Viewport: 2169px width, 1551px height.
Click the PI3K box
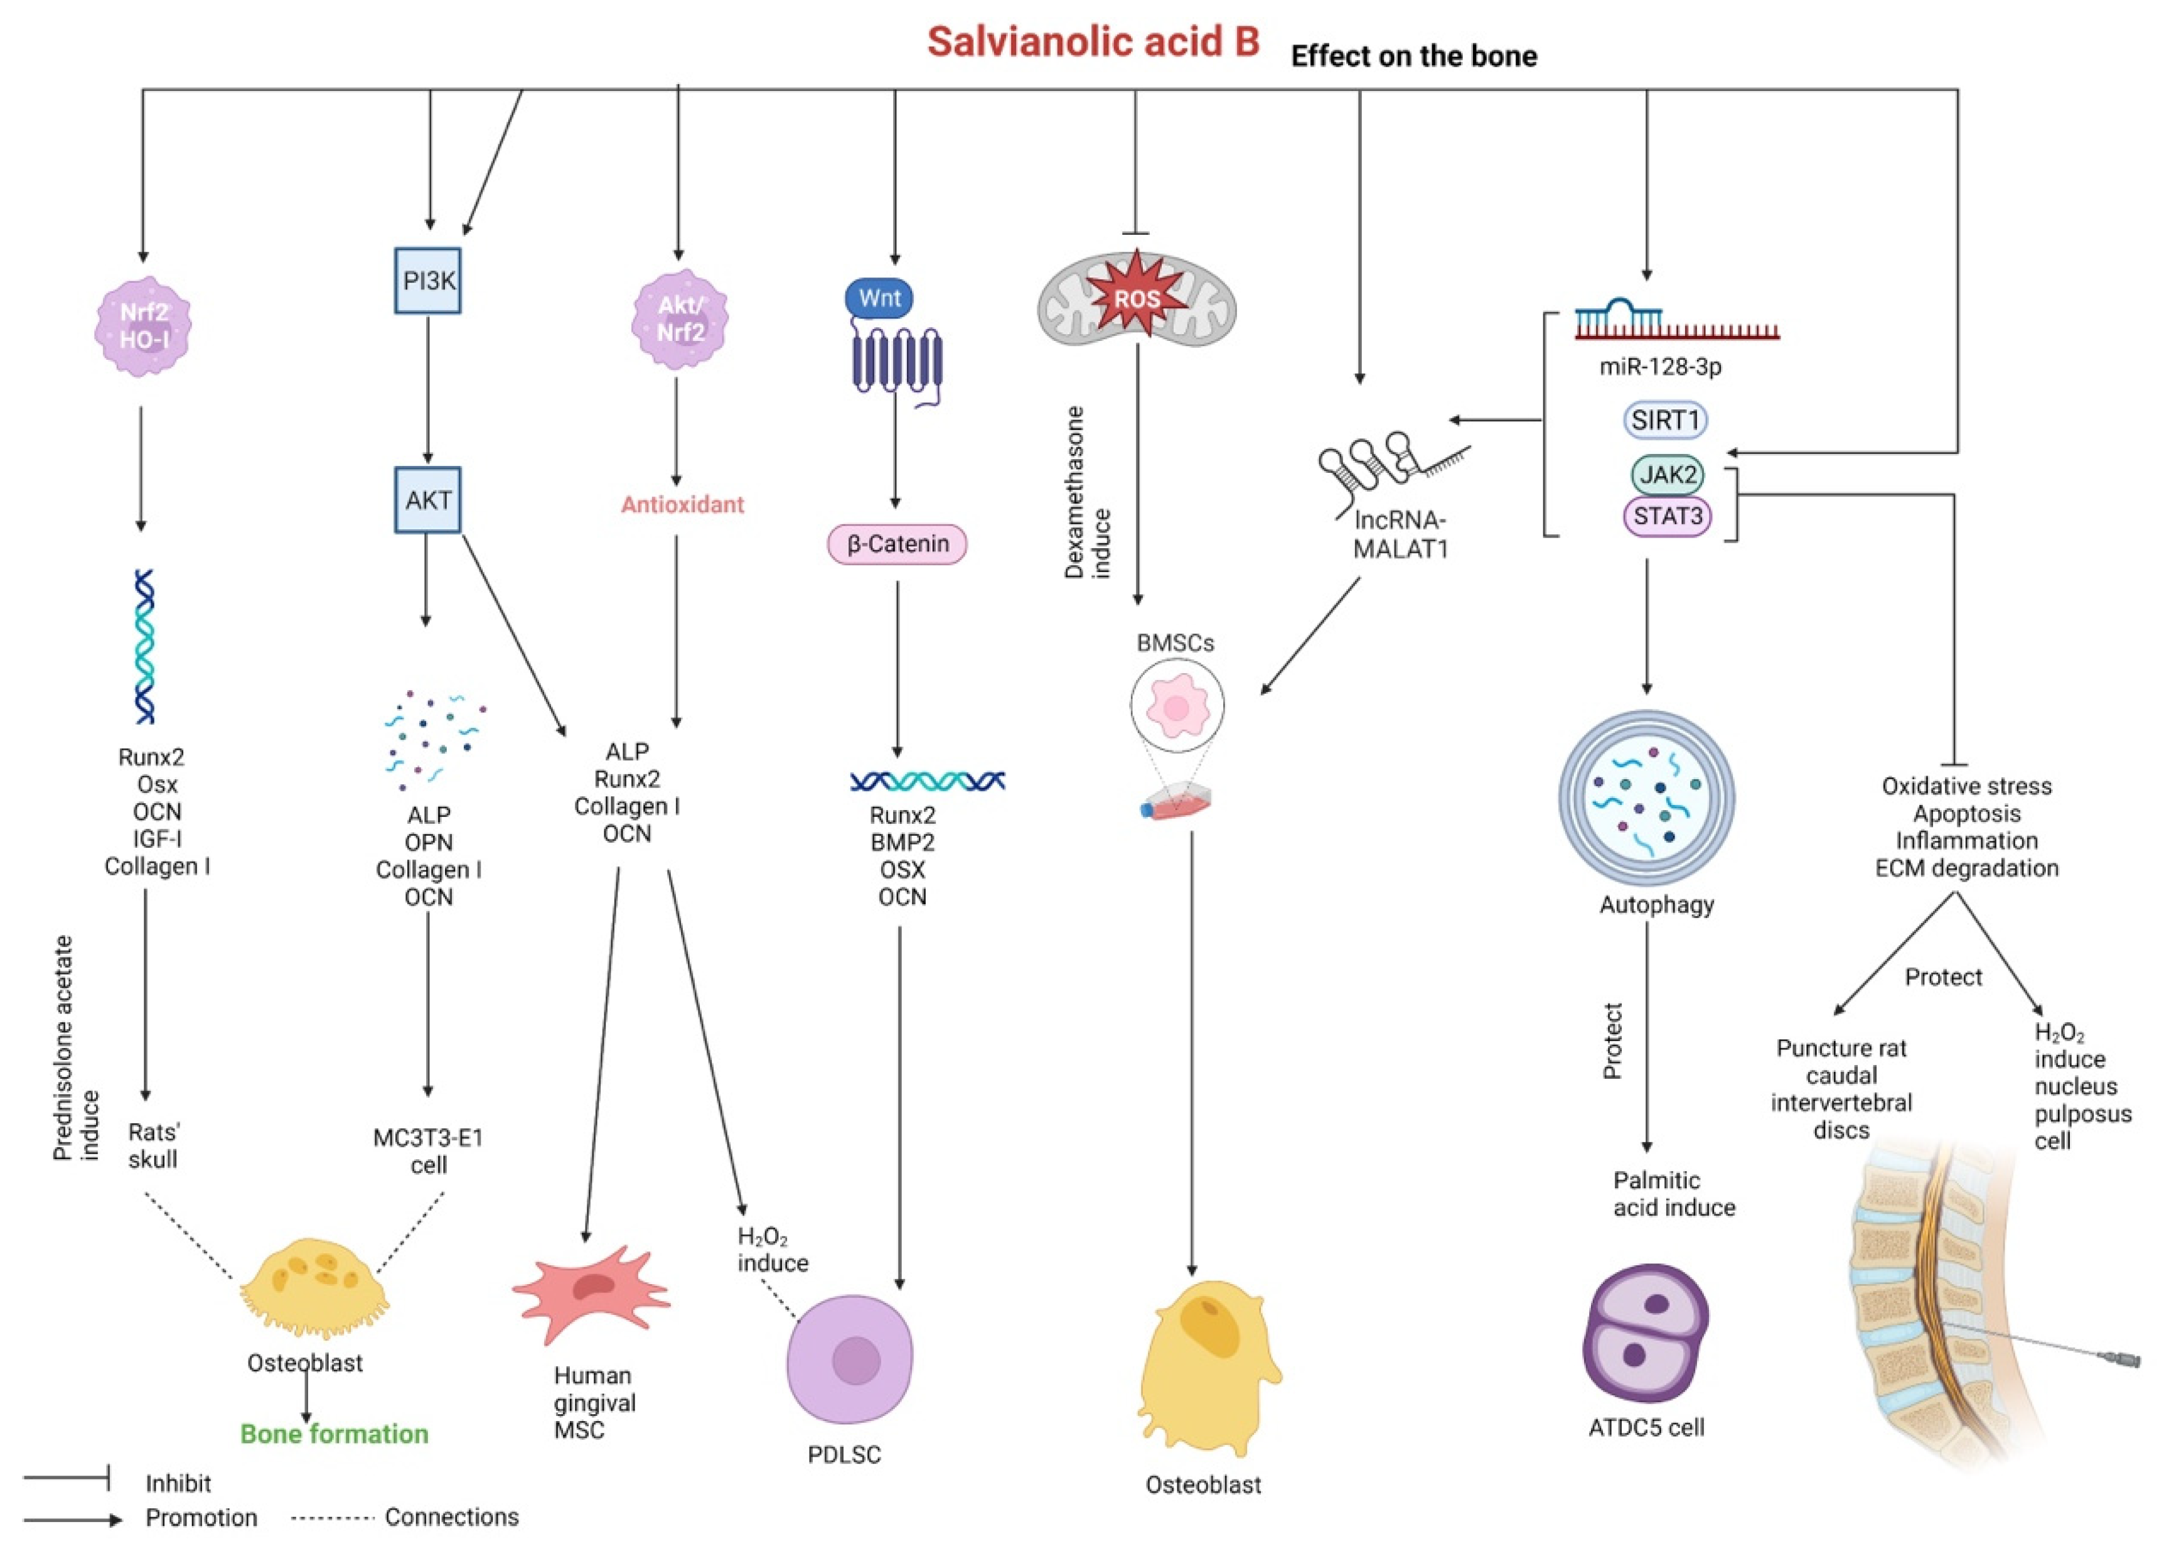point(427,281)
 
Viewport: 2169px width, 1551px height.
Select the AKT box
point(427,499)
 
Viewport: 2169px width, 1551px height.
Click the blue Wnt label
point(878,298)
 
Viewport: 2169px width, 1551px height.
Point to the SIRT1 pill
point(1666,420)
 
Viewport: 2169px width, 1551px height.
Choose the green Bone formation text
point(334,1434)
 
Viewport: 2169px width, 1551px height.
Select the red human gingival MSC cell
point(592,1294)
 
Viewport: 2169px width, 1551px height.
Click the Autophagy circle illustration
point(1647,797)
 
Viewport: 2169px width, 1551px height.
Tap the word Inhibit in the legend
point(178,1483)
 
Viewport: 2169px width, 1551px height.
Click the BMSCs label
point(1176,644)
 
